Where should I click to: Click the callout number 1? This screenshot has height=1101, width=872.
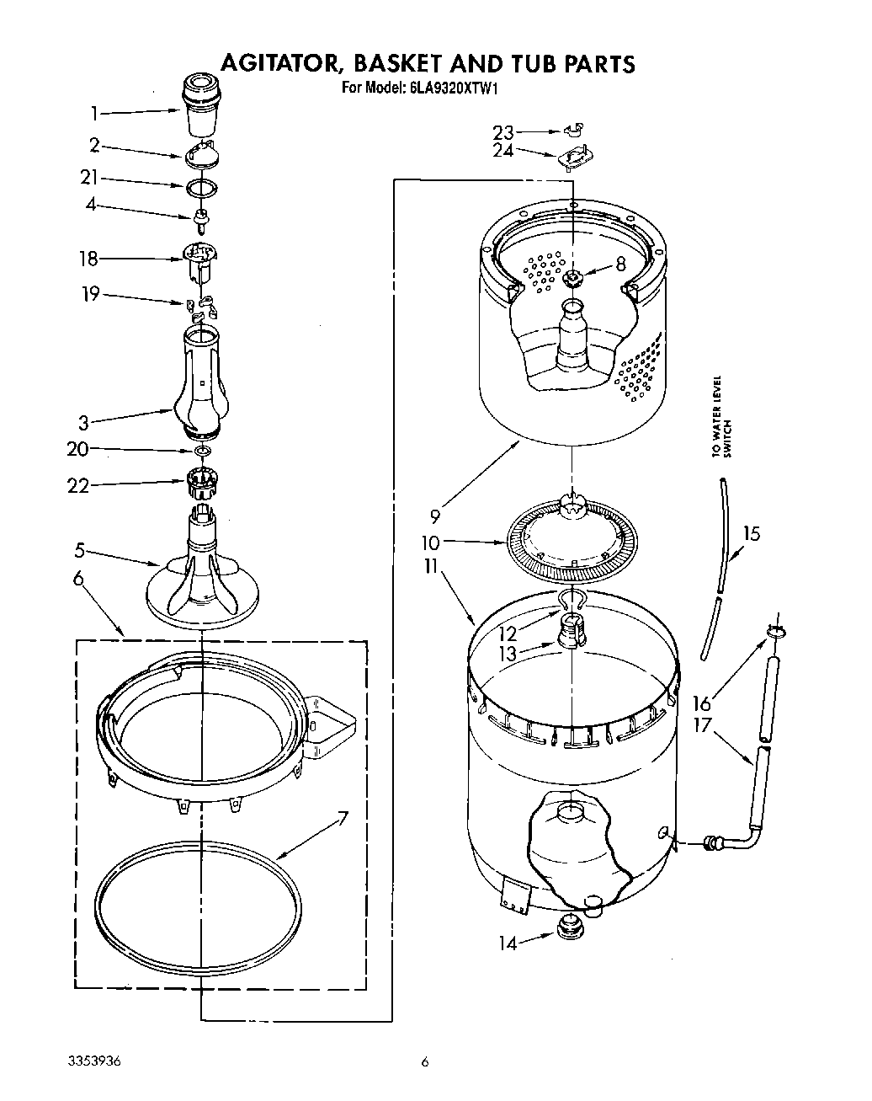(x=95, y=113)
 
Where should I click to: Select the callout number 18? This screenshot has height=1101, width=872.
(x=88, y=259)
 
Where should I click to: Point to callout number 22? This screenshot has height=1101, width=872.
(x=78, y=486)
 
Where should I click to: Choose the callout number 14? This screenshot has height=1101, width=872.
(x=507, y=943)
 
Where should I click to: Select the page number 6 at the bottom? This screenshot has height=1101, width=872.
(x=426, y=1062)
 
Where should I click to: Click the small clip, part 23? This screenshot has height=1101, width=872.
(x=575, y=130)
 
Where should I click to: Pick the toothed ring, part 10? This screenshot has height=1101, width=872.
(x=572, y=545)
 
